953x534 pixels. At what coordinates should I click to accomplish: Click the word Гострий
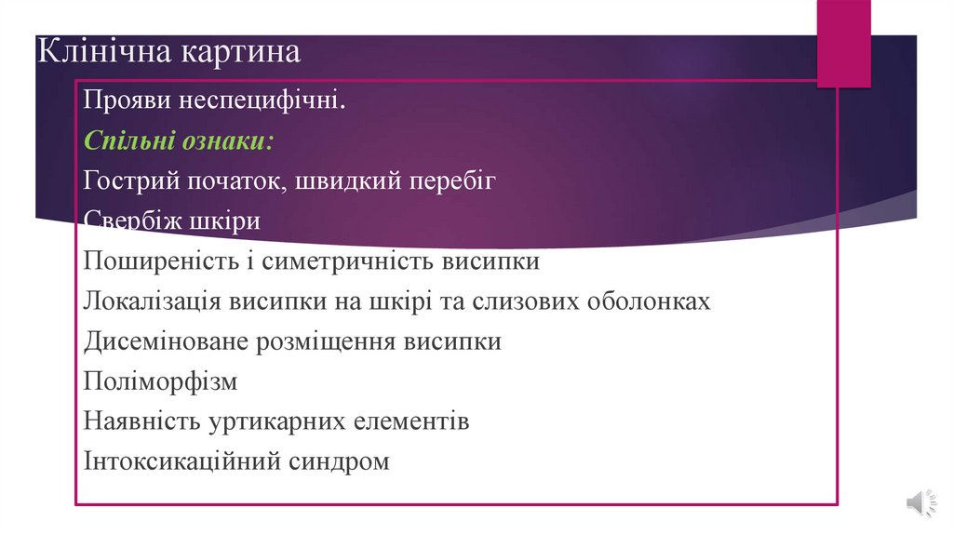(125, 180)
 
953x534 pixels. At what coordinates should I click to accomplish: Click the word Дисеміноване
(164, 341)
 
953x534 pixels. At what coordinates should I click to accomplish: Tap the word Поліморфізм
(160, 381)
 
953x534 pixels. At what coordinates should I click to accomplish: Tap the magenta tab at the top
(844, 42)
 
